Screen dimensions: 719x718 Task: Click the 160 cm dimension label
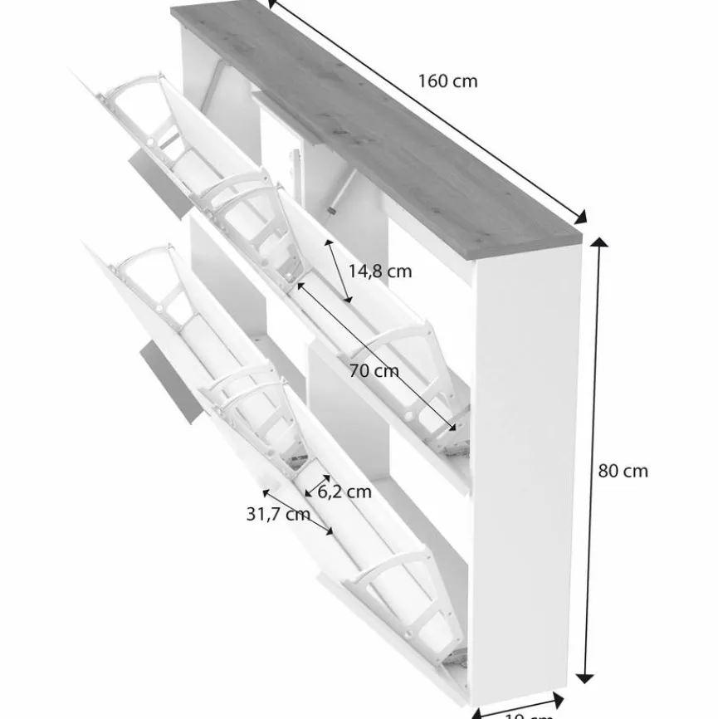(x=447, y=81)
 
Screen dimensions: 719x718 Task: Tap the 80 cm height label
(x=623, y=471)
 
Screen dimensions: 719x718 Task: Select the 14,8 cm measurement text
(x=379, y=271)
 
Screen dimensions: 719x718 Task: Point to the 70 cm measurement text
(x=374, y=371)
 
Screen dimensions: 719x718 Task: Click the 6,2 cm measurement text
(x=344, y=492)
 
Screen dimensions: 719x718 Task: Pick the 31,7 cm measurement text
(x=277, y=514)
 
